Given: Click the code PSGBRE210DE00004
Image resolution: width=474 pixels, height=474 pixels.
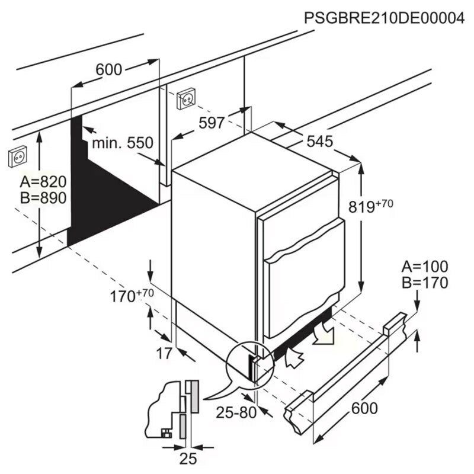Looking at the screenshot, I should (383, 18).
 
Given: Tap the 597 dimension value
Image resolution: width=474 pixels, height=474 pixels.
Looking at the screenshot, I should (212, 123).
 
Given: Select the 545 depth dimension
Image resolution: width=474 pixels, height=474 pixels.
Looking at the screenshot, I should (319, 142).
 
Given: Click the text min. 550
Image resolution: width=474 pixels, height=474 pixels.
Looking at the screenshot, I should (122, 143).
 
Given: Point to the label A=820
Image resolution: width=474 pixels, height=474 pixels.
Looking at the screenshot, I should (43, 181).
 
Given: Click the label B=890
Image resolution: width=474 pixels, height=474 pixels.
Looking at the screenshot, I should (43, 198).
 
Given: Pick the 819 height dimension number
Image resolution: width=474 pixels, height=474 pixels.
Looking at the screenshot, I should (363, 207).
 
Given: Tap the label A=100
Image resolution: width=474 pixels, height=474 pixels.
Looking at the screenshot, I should (425, 266).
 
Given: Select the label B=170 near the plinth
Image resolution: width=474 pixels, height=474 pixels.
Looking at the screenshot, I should (425, 283).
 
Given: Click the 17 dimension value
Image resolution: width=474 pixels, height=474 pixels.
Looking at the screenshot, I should (164, 354).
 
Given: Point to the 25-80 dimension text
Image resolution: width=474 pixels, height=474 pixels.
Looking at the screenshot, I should (236, 412).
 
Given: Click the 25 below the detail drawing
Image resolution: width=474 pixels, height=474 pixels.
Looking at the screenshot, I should (188, 458).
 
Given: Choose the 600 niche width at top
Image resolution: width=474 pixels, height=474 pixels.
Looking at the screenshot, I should (109, 70).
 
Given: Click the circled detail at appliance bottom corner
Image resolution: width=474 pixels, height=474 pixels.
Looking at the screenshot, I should (249, 363).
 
